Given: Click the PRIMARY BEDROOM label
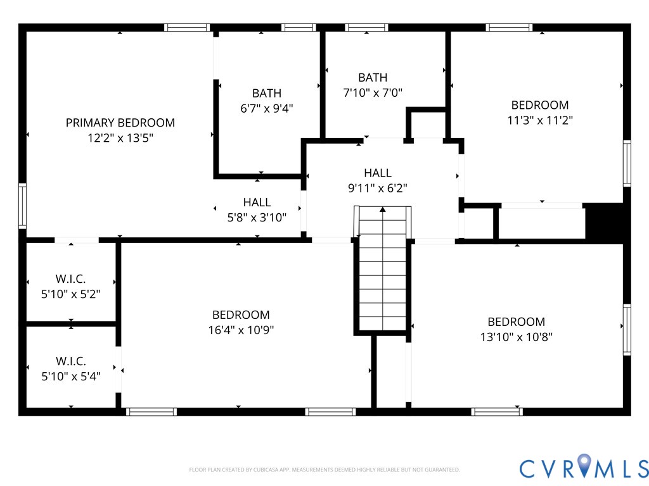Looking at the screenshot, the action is [x=120, y=123].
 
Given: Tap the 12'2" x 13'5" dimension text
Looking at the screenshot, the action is [x=120, y=137].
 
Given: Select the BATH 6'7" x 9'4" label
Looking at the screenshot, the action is [x=267, y=101].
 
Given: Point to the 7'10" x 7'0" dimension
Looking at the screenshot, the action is [x=373, y=92].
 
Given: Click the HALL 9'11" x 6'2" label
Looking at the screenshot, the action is [x=378, y=180].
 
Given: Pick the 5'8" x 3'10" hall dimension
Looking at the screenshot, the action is [x=257, y=218].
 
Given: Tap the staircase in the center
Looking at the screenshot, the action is [x=382, y=268].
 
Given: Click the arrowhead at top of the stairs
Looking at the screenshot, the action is [x=382, y=210].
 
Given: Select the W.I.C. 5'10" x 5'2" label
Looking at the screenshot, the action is [x=71, y=287].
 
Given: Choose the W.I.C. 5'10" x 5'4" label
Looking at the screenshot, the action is [x=71, y=369].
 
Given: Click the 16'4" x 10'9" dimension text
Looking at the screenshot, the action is [x=241, y=330].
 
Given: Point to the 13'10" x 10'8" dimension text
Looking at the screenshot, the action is [x=516, y=337].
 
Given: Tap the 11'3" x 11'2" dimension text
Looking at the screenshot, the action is [x=540, y=120].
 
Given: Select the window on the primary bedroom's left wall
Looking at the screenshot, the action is [x=22, y=206].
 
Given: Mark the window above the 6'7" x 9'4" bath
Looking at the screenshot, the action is [x=299, y=28].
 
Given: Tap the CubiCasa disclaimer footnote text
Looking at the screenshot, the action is [x=324, y=470].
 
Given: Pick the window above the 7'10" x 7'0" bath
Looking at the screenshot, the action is [x=366, y=28].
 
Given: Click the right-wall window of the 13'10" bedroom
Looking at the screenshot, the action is [x=627, y=329].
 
